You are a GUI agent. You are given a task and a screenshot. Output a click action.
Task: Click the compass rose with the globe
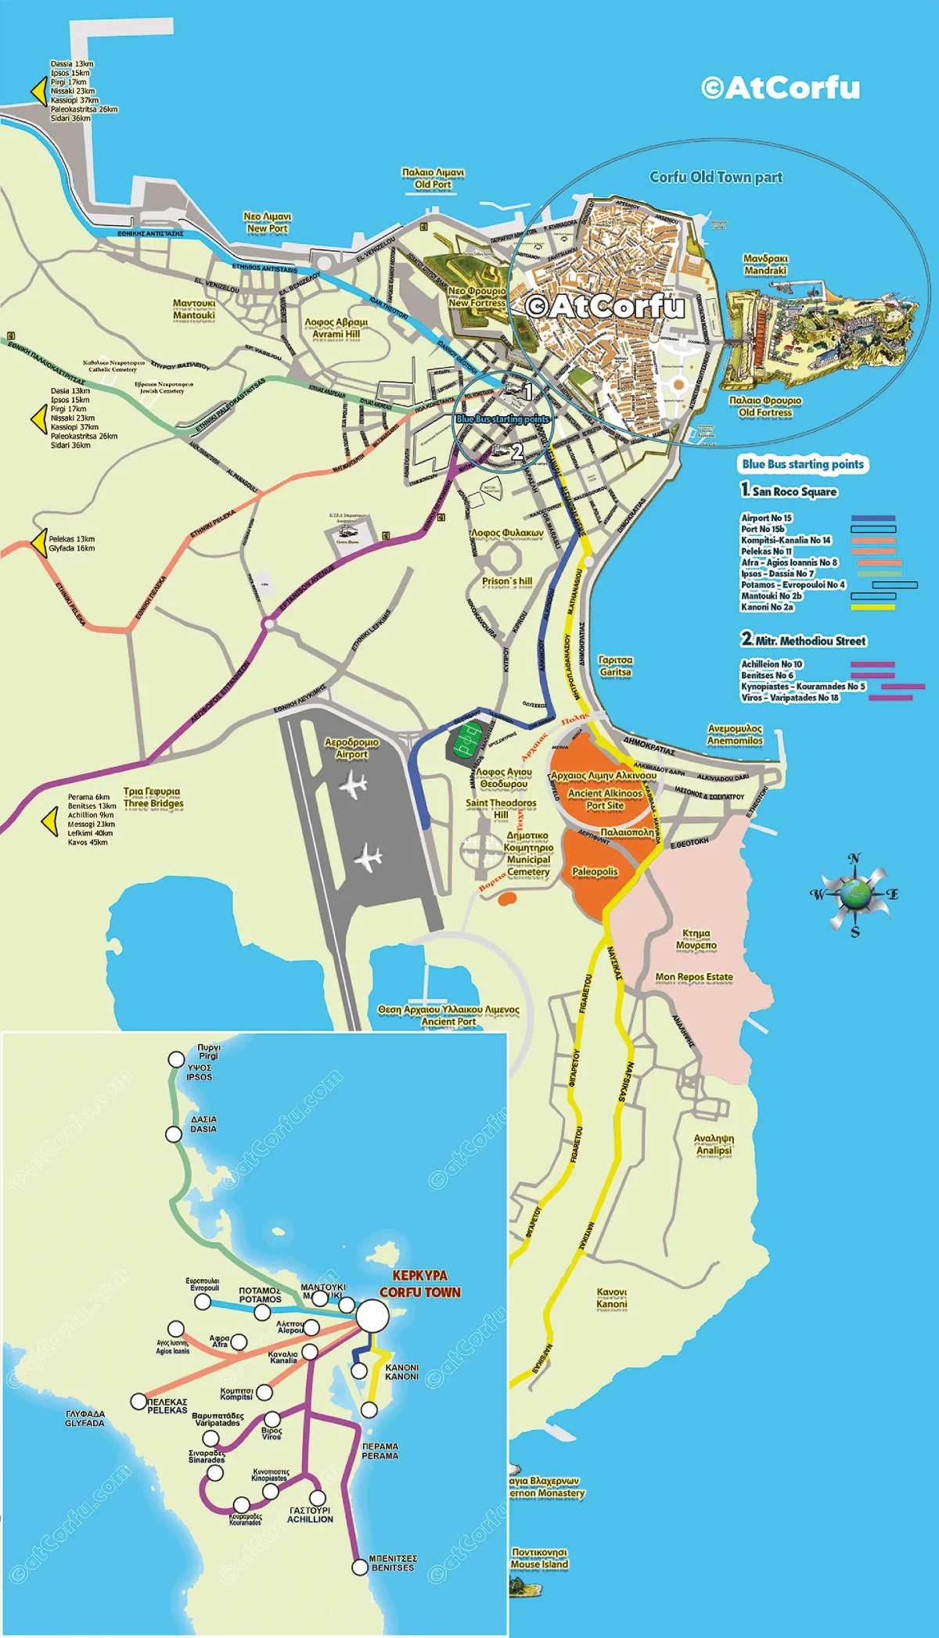coord(854,893)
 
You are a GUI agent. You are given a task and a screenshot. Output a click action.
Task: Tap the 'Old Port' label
coord(433,185)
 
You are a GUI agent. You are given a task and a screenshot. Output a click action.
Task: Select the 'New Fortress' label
coord(477,303)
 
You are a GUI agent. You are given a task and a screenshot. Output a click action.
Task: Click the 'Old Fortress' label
coord(765,412)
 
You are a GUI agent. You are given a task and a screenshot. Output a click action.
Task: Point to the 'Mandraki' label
coord(765,271)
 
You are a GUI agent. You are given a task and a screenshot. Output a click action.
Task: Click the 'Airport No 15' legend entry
coord(766,518)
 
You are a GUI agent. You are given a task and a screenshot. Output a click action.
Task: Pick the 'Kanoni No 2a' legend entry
coord(767,607)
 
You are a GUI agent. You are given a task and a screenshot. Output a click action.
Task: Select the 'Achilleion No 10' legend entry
coord(772,664)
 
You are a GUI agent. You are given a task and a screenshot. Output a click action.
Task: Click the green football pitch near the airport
coord(468,739)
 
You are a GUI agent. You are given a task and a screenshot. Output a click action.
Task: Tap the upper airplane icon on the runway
coord(355,785)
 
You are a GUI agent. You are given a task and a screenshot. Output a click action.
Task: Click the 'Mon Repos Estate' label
coord(694,977)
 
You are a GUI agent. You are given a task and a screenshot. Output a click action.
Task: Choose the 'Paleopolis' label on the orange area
coord(595,871)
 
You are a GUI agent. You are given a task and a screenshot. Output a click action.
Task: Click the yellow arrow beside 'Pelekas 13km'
coord(38,542)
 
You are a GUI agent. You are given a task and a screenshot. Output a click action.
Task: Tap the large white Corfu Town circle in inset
coord(372,1317)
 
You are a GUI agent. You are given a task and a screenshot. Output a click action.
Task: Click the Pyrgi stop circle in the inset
coord(176,1059)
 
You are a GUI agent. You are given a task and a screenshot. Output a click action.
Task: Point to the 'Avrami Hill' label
coord(336,334)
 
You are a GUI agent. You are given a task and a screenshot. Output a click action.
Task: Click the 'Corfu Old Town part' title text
coord(716,178)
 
